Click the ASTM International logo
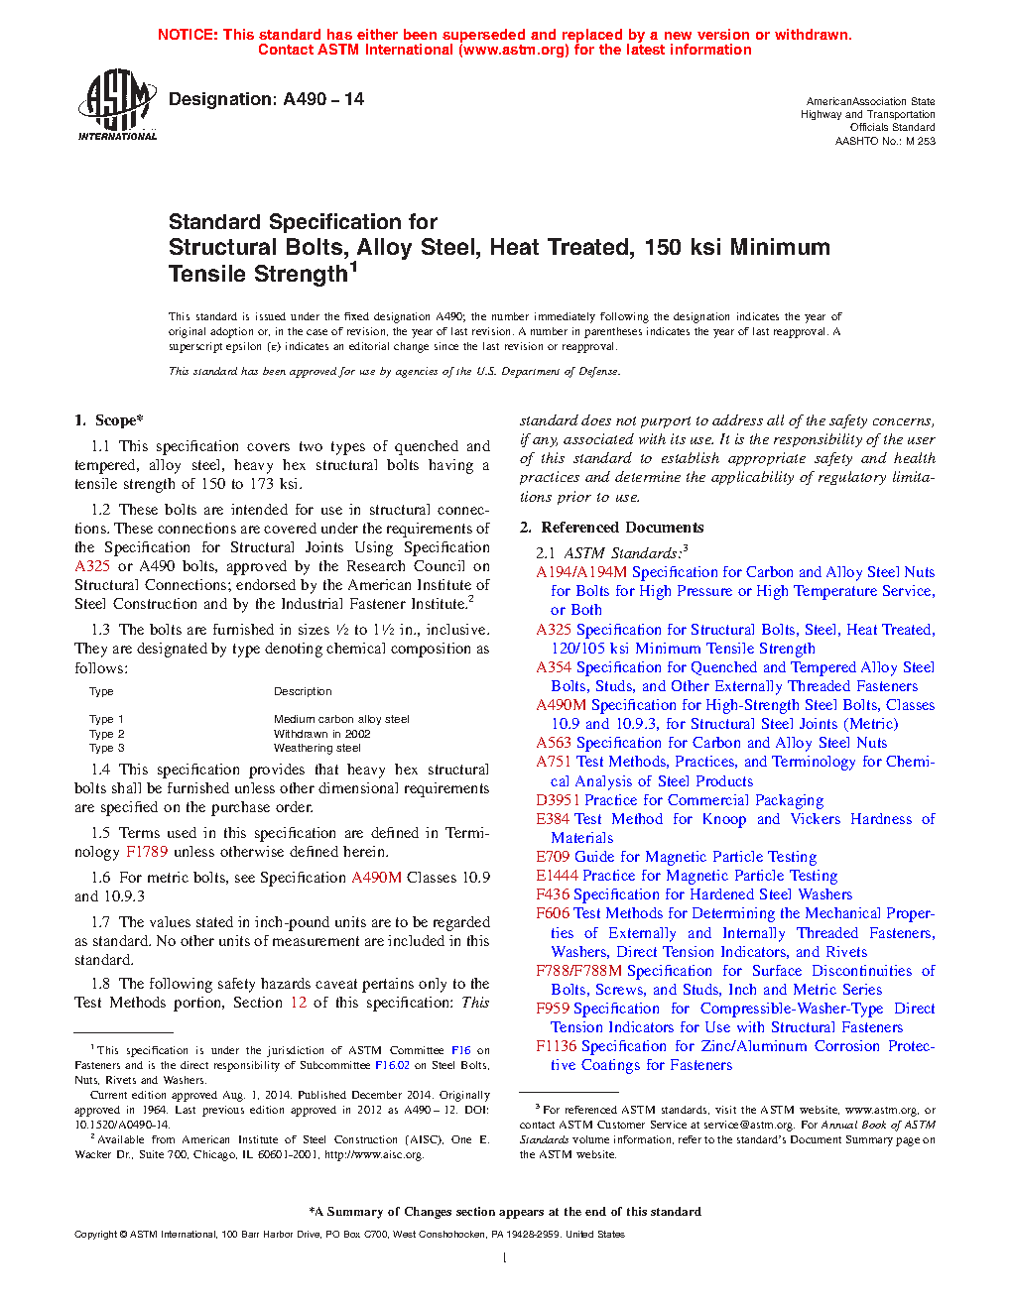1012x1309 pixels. (x=117, y=104)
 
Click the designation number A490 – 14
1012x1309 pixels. (x=323, y=99)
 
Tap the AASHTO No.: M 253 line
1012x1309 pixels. (x=885, y=141)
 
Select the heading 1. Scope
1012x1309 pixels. (x=109, y=420)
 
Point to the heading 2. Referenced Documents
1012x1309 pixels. (x=612, y=528)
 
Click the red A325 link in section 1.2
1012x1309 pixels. (x=92, y=566)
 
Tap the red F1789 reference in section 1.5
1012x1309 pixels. (x=147, y=852)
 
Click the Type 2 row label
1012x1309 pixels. (x=107, y=734)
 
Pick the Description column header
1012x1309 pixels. (x=303, y=691)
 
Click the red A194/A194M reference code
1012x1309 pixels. (x=581, y=572)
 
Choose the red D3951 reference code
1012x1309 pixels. (x=558, y=800)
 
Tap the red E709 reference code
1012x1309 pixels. (x=553, y=857)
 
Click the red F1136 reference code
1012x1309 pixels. (x=556, y=1046)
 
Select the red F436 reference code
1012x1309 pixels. (x=553, y=894)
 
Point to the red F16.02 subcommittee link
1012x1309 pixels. (x=392, y=1065)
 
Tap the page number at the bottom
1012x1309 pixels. (x=505, y=1258)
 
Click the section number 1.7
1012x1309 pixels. (x=100, y=922)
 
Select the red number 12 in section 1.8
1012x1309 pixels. (x=299, y=1003)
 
